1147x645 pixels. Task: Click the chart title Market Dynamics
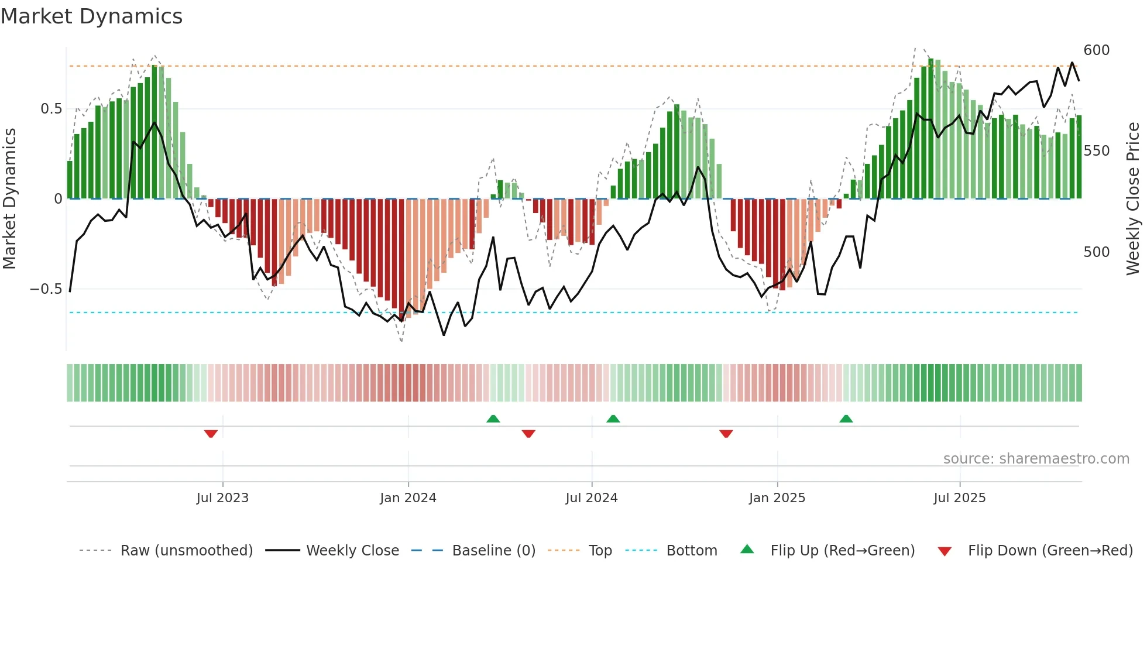click(x=91, y=16)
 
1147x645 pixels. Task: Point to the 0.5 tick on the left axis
click(x=51, y=109)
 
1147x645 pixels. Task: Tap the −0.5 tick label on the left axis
click(x=46, y=289)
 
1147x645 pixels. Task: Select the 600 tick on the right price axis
click(x=1096, y=50)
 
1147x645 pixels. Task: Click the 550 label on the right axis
click(x=1096, y=151)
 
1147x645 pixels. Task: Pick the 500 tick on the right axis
click(x=1096, y=252)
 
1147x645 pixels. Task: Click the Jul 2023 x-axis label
click(x=222, y=498)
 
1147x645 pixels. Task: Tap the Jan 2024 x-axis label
click(x=408, y=498)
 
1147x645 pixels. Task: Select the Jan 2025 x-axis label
click(x=777, y=498)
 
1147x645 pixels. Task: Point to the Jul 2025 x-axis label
click(x=959, y=498)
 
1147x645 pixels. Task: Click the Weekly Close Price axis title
click(x=1133, y=199)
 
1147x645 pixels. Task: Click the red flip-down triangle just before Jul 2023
click(x=211, y=434)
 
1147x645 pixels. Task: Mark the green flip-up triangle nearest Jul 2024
click(x=613, y=418)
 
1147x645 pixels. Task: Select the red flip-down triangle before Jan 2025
click(x=726, y=434)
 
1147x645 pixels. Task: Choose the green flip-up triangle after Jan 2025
click(x=846, y=418)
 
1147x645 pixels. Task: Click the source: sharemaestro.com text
click(x=1036, y=459)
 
